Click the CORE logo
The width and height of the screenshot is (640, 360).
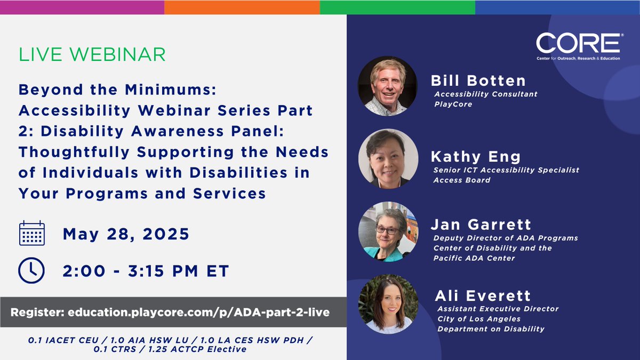(578, 45)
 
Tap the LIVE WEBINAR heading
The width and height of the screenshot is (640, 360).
(92, 54)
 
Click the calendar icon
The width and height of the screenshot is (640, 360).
(32, 234)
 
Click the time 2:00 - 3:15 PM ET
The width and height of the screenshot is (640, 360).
(146, 271)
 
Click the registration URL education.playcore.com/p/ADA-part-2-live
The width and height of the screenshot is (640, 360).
(198, 312)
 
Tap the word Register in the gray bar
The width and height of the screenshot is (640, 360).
(37, 312)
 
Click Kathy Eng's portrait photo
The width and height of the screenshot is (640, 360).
(388, 158)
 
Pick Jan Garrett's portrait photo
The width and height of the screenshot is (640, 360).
(388, 231)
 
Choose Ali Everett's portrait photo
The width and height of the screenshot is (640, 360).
(388, 304)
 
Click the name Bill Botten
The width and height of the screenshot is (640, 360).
(478, 81)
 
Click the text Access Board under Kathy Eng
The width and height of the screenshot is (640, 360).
(462, 180)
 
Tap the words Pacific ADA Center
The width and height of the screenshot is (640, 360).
(474, 258)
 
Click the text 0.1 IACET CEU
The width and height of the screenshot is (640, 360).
(52, 339)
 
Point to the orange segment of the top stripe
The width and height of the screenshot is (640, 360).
(242, 7)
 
